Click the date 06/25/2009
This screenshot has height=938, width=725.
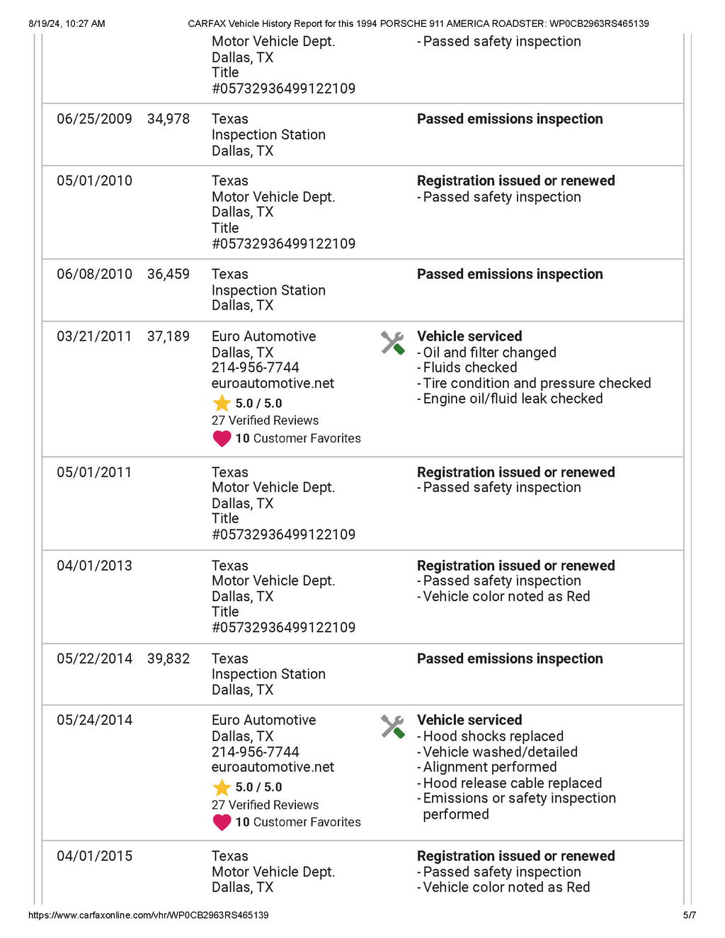click(x=94, y=119)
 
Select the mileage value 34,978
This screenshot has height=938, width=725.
click(x=169, y=119)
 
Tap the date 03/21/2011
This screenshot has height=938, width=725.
click(x=94, y=336)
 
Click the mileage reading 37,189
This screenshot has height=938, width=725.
click(x=169, y=336)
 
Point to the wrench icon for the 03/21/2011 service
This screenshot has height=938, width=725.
click(x=392, y=343)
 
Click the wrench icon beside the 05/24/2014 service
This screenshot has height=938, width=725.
click(x=392, y=726)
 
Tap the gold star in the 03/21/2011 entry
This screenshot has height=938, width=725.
click(x=222, y=404)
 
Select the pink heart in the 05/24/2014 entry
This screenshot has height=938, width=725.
click(x=222, y=822)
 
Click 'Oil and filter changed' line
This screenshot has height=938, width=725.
click(x=489, y=353)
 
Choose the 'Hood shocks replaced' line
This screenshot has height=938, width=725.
click(x=493, y=736)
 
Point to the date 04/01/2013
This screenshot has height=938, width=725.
click(x=94, y=566)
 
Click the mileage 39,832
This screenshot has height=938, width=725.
click(x=169, y=658)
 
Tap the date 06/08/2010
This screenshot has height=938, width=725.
click(x=94, y=274)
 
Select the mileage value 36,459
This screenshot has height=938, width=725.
click(x=169, y=274)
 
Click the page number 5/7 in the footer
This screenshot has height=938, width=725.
click(x=689, y=915)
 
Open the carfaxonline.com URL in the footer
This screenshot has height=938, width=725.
click(x=148, y=915)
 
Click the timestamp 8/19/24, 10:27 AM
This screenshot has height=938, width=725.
click(x=67, y=23)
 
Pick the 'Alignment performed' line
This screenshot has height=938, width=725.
click(x=489, y=767)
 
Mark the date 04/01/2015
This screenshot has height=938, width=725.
click(x=94, y=856)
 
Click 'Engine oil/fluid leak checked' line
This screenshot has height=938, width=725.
click(x=513, y=399)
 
